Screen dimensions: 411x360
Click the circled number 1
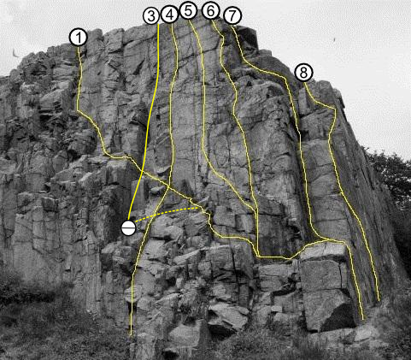click(x=79, y=38)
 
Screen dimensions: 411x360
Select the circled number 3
click(x=151, y=16)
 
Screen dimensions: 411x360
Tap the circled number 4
click(x=170, y=15)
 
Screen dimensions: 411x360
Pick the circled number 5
click(x=189, y=11)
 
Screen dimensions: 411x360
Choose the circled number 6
click(x=211, y=11)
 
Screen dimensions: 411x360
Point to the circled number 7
click(x=232, y=16)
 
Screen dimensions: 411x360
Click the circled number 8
click(x=303, y=73)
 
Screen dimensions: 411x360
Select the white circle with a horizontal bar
click(x=128, y=228)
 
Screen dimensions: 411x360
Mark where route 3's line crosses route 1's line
click(x=142, y=171)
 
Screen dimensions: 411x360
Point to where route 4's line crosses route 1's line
click(x=168, y=187)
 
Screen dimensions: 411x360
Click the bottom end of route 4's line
click(x=131, y=334)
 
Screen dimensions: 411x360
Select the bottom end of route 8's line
click(x=379, y=300)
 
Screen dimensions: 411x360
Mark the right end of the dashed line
click(x=199, y=208)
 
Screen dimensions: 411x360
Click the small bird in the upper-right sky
click(x=334, y=41)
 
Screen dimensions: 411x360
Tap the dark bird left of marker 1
click(x=15, y=53)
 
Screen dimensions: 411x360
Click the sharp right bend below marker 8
click(x=336, y=109)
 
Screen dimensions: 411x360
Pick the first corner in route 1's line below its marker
click(x=78, y=110)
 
